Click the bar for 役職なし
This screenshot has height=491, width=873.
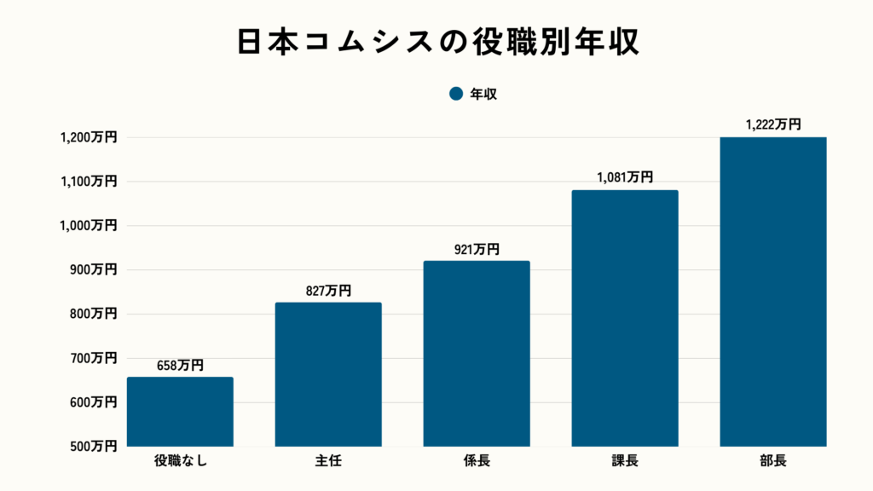180,412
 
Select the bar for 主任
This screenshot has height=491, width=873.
328,375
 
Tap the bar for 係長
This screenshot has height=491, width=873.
477,354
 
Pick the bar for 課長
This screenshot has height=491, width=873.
625,318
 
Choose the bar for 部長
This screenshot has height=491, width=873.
773,292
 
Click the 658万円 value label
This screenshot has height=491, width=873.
180,366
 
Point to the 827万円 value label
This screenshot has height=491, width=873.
328,292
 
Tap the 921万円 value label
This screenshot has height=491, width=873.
477,250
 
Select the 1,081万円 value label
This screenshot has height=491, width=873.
624,178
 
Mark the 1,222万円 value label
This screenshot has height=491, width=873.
772,124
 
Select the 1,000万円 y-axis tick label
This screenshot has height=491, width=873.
88,226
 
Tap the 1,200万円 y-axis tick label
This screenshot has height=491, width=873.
88,137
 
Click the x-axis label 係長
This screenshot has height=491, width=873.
477,463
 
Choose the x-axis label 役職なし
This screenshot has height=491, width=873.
180,463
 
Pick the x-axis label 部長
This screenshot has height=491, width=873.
773,463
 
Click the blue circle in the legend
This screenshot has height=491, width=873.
456,95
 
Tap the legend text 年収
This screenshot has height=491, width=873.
483,95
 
